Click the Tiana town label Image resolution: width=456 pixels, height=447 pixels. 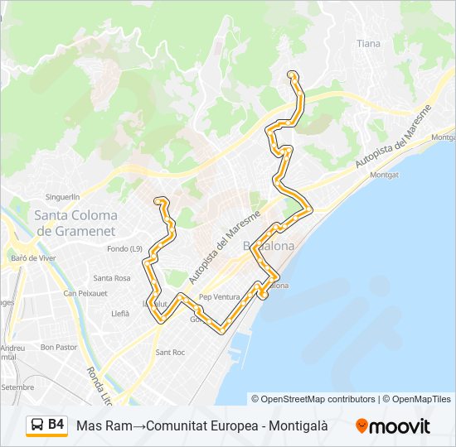point(368,43)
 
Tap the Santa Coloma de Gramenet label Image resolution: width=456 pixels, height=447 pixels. point(75,223)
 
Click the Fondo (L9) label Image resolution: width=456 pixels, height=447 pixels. point(125,248)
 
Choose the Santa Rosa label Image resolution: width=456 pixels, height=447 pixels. point(112,278)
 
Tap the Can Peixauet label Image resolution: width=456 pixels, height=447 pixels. point(85,293)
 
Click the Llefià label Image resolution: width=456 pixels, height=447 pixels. point(120,314)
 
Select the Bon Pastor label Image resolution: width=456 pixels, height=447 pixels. point(58,348)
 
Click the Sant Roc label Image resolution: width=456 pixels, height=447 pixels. point(170,353)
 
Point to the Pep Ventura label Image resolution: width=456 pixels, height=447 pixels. point(219,296)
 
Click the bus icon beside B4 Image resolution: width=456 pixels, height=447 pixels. point(38,425)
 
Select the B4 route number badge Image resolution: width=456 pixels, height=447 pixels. point(56,425)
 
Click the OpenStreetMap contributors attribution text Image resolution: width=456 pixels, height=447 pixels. point(318,399)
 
